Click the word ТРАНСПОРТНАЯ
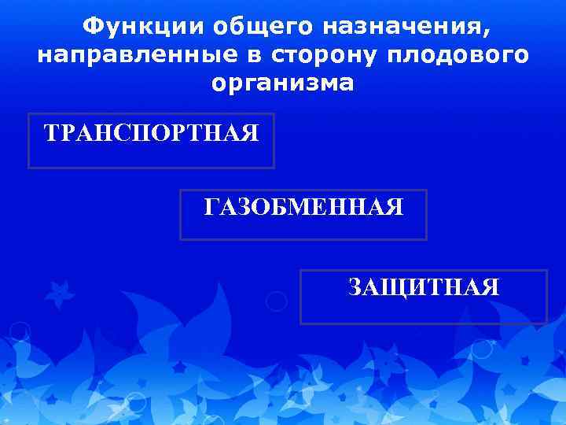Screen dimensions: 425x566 tap(152, 132)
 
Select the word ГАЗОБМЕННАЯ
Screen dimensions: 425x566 tap(303, 208)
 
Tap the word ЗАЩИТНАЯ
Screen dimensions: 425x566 tap(424, 287)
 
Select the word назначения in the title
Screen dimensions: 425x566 tap(401, 28)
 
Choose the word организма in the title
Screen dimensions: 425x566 tap(282, 83)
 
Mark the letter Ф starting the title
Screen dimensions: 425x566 tap(92, 28)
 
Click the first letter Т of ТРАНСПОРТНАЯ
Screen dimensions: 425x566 tap(53, 132)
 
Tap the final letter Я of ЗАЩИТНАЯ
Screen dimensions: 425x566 tap(490, 287)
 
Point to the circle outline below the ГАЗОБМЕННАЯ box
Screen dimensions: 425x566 tap(276, 301)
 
